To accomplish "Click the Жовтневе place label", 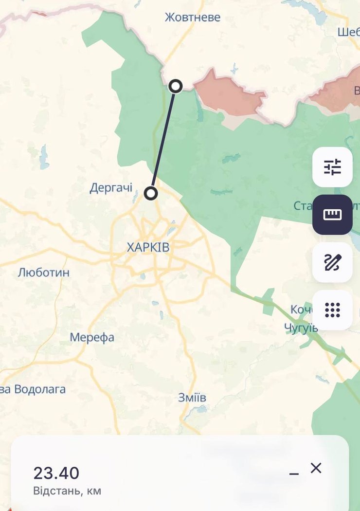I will (x=192, y=18).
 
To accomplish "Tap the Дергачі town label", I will (x=111, y=188).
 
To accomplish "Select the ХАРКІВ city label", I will (x=148, y=247).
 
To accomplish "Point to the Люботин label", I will (x=43, y=273).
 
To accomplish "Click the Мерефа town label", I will (x=92, y=337).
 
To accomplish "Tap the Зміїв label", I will (x=192, y=398).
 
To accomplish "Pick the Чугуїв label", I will (x=301, y=328).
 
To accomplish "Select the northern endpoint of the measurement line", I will (x=176, y=86).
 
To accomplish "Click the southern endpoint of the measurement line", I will (x=151, y=194).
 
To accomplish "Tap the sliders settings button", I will (x=332, y=167).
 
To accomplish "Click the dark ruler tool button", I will (x=332, y=215).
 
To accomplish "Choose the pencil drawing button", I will (x=332, y=262).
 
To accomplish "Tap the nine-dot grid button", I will (x=332, y=310).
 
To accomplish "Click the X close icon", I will (x=316, y=468).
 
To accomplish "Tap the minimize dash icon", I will (x=294, y=474).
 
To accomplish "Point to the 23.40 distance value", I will (x=56, y=473).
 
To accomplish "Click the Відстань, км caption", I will (x=67, y=491).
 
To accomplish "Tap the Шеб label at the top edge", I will (x=348, y=32).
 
